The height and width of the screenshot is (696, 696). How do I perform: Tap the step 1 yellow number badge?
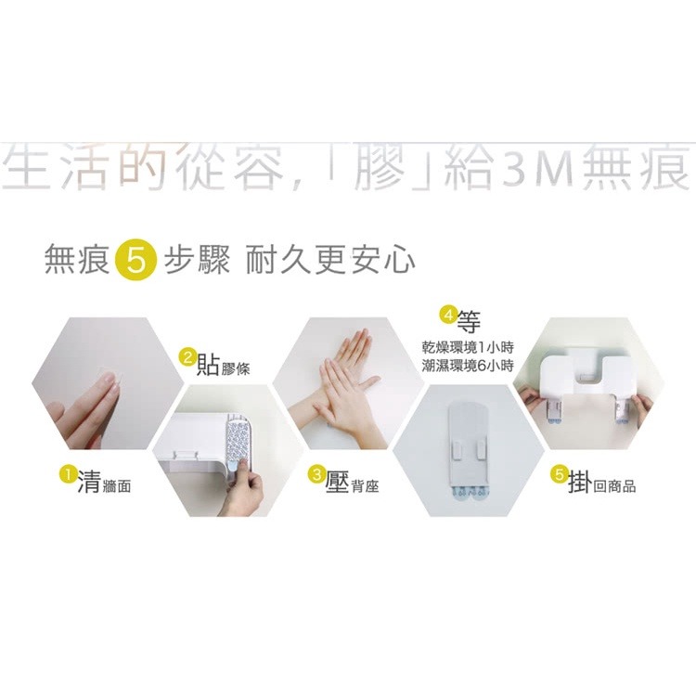(x=66, y=474)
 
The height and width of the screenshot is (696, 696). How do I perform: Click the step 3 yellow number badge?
(x=316, y=475)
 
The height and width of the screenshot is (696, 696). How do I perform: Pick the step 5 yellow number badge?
(x=559, y=474)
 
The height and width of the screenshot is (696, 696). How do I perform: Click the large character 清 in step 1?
(x=89, y=482)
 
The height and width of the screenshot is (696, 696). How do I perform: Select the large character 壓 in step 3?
(x=338, y=482)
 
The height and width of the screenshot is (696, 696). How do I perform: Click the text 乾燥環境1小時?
(x=468, y=348)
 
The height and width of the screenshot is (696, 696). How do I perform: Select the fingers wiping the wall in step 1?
(x=88, y=408)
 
